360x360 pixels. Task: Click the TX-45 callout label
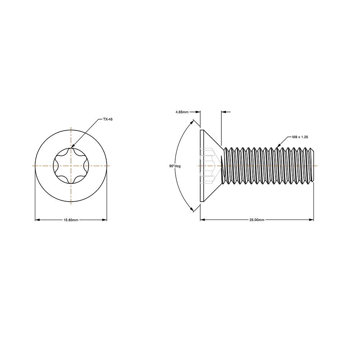click(x=108, y=119)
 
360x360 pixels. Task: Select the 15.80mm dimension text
click(x=71, y=220)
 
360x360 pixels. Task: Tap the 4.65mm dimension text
click(x=182, y=112)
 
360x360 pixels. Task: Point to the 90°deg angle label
click(x=175, y=166)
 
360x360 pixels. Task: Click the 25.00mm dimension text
click(x=257, y=220)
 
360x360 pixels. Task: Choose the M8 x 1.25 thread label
click(x=300, y=137)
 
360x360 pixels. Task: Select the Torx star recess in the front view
click(x=71, y=166)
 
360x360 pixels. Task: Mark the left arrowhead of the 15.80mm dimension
click(x=37, y=220)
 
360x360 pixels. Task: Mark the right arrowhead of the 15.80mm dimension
click(x=105, y=220)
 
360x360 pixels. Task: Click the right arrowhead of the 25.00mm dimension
click(x=312, y=220)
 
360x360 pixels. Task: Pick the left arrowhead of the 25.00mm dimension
click(x=202, y=220)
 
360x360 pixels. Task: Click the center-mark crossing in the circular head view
click(x=71, y=166)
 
